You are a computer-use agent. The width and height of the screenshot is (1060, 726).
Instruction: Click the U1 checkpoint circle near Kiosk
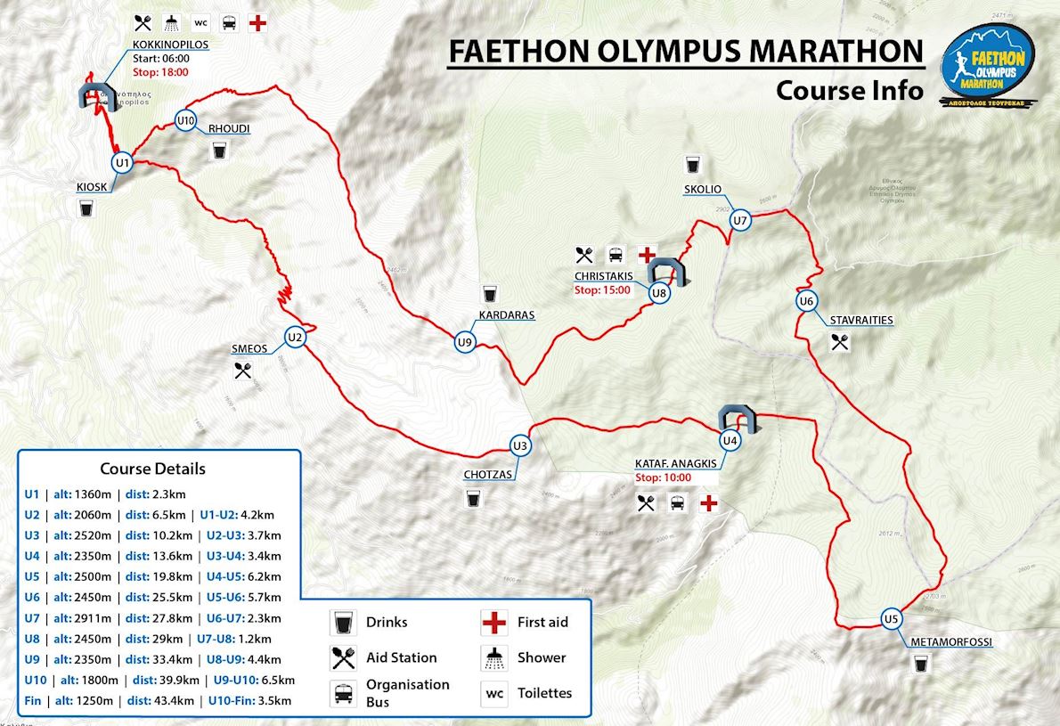click(x=122, y=163)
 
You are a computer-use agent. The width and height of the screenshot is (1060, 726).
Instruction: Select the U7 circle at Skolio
click(x=739, y=220)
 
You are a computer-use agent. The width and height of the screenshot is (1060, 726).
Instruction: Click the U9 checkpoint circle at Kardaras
click(x=464, y=342)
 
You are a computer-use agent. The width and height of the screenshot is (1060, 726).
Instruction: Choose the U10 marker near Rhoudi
click(x=184, y=121)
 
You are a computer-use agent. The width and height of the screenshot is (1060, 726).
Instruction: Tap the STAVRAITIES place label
click(x=860, y=320)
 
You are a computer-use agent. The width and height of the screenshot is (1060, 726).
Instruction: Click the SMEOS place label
click(x=249, y=349)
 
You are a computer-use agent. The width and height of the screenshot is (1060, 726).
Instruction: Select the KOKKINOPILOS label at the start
click(x=170, y=44)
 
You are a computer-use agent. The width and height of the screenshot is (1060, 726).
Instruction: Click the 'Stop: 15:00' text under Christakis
click(x=602, y=290)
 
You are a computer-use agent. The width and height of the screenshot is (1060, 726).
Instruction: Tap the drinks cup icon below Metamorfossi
click(x=920, y=663)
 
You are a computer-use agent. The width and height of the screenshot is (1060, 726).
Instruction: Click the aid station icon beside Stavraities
click(x=839, y=341)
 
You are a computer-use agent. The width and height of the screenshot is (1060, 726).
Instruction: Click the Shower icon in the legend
click(x=493, y=657)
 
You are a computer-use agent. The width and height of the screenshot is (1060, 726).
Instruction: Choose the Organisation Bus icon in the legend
click(x=342, y=692)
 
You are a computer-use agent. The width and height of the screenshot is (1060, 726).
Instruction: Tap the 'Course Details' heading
click(x=152, y=469)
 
